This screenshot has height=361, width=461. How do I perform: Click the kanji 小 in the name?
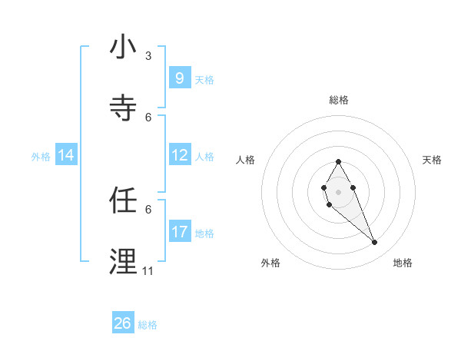click(x=123, y=48)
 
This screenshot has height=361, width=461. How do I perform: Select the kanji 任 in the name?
click(x=123, y=201)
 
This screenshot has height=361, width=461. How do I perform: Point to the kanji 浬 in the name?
click(x=123, y=262)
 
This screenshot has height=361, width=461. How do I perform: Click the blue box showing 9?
click(x=179, y=78)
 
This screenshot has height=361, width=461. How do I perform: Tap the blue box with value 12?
click(x=179, y=155)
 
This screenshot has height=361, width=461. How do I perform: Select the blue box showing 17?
click(x=179, y=231)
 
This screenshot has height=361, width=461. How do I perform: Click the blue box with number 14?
click(x=65, y=155)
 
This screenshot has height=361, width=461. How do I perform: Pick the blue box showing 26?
click(x=122, y=323)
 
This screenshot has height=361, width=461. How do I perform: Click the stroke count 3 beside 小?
click(x=148, y=56)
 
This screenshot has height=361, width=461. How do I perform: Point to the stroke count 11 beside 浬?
click(x=148, y=271)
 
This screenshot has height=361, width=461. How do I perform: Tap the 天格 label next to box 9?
click(x=204, y=79)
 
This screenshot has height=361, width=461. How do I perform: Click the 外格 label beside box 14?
click(x=41, y=156)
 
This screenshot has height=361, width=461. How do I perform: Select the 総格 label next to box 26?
click(x=148, y=325)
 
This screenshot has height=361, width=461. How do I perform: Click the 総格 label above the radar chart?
click(x=338, y=100)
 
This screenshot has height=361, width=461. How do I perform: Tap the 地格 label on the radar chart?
click(x=403, y=263)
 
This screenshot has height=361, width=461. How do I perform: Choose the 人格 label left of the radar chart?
click(x=246, y=160)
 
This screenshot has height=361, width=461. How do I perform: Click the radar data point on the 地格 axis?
click(x=375, y=243)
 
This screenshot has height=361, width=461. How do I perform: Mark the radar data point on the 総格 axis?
click(x=338, y=161)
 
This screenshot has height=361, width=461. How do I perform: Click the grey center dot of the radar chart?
click(x=338, y=191)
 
